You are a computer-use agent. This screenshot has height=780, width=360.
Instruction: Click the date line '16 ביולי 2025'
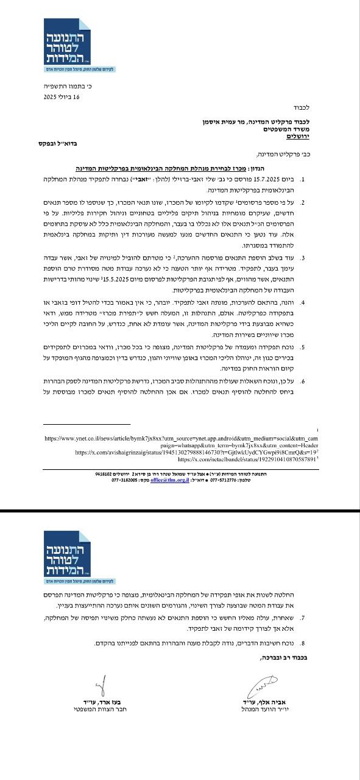click(x=62, y=96)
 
